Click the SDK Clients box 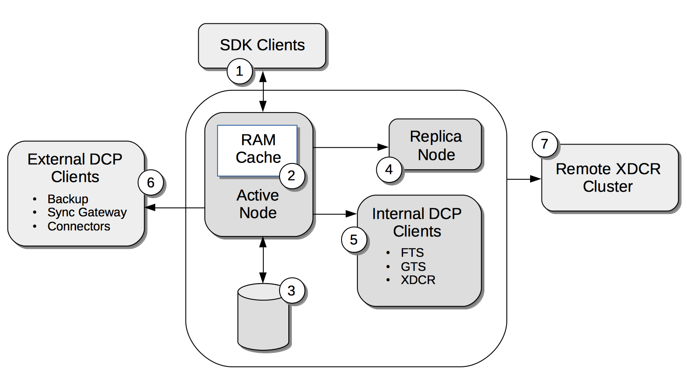tap(262, 45)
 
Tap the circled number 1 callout tap(240, 71)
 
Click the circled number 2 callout tap(291, 176)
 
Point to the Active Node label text tap(258, 204)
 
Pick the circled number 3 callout tap(291, 290)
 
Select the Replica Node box tap(436, 145)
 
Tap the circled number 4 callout tap(389, 170)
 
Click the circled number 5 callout tap(354, 240)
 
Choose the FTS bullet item tap(412, 253)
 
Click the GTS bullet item tap(413, 267)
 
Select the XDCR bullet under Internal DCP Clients tap(418, 280)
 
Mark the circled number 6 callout tap(151, 183)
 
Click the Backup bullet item tap(68, 199)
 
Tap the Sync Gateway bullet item tap(87, 213)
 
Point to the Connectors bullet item tap(79, 226)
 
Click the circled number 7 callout tap(545, 144)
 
